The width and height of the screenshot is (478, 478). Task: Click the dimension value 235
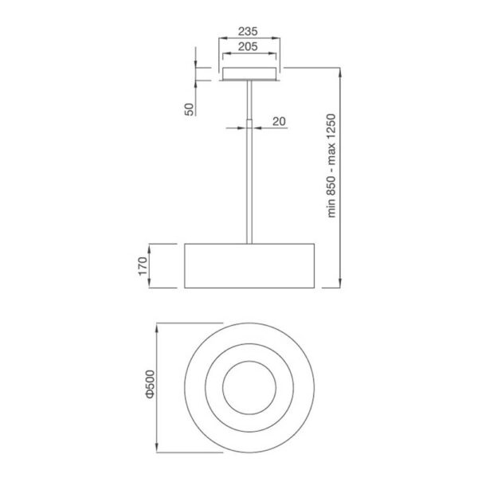point(250,33)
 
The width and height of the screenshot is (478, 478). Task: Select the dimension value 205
point(250,48)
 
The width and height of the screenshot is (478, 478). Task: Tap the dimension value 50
point(189,108)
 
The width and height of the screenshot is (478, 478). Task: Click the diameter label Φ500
point(147,386)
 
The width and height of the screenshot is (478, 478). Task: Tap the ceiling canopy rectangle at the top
point(250,74)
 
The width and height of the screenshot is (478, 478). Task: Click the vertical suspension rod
point(250,183)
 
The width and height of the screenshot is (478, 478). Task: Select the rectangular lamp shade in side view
point(250,265)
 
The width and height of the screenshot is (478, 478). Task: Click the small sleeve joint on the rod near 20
point(250,125)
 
